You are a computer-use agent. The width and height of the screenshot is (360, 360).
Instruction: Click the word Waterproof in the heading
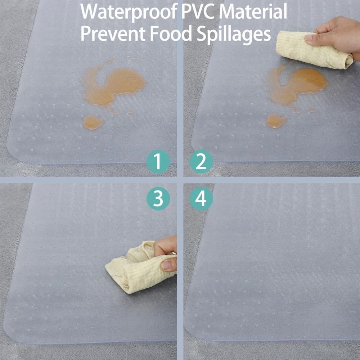click(127, 12)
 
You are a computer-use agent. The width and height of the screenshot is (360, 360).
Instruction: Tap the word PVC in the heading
click(197, 12)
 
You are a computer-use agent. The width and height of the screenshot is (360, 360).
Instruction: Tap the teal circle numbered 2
click(201, 162)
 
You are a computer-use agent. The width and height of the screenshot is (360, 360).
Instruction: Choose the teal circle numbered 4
click(201, 198)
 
